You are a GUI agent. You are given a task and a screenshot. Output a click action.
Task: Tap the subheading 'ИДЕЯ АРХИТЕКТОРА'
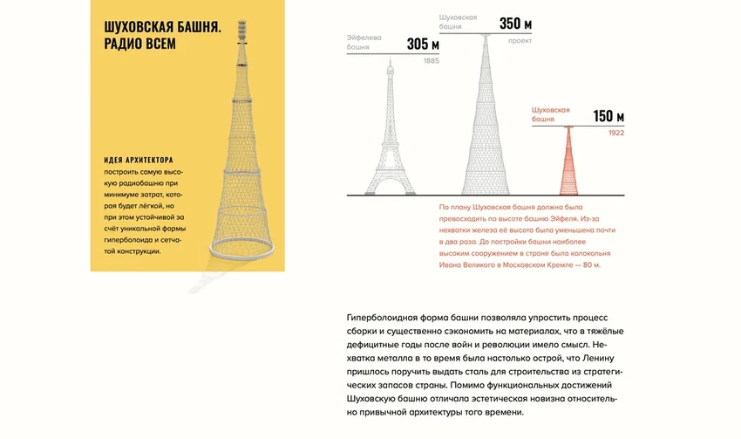click(x=138, y=161)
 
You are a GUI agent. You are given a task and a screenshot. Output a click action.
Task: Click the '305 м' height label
click(x=423, y=45)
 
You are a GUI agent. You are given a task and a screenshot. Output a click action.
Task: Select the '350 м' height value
click(x=516, y=24)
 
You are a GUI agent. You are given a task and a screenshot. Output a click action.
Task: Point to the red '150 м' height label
click(x=608, y=117)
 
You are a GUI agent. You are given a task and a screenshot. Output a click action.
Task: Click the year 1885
click(x=431, y=61)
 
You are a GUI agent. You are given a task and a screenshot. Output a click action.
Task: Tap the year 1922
click(x=615, y=133)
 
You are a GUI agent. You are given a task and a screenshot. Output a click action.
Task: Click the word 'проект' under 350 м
click(x=520, y=40)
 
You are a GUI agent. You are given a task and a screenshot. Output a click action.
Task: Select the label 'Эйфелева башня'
click(x=366, y=43)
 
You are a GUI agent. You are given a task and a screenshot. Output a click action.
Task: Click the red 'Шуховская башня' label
click(x=550, y=114)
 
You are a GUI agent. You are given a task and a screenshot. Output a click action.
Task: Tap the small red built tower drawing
click(x=569, y=161)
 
